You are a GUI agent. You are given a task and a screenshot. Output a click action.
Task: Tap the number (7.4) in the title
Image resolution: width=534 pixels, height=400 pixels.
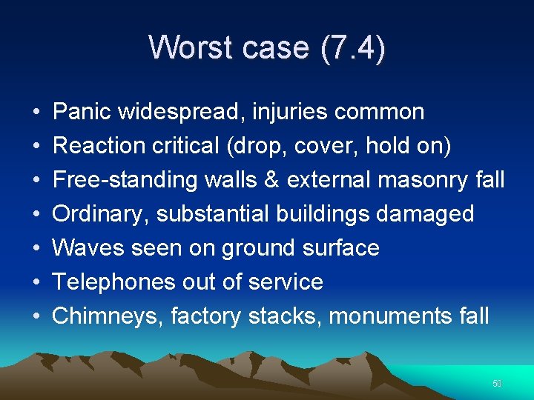click(x=353, y=47)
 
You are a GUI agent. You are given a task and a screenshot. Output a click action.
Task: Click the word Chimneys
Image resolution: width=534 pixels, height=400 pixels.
click(x=105, y=316)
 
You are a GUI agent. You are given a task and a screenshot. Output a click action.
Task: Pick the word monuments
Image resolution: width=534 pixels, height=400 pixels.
click(x=391, y=316)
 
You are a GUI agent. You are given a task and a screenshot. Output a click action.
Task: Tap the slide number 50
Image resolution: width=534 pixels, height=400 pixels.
click(x=497, y=384)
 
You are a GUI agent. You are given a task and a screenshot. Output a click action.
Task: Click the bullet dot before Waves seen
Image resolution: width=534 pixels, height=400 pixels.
click(x=36, y=248)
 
